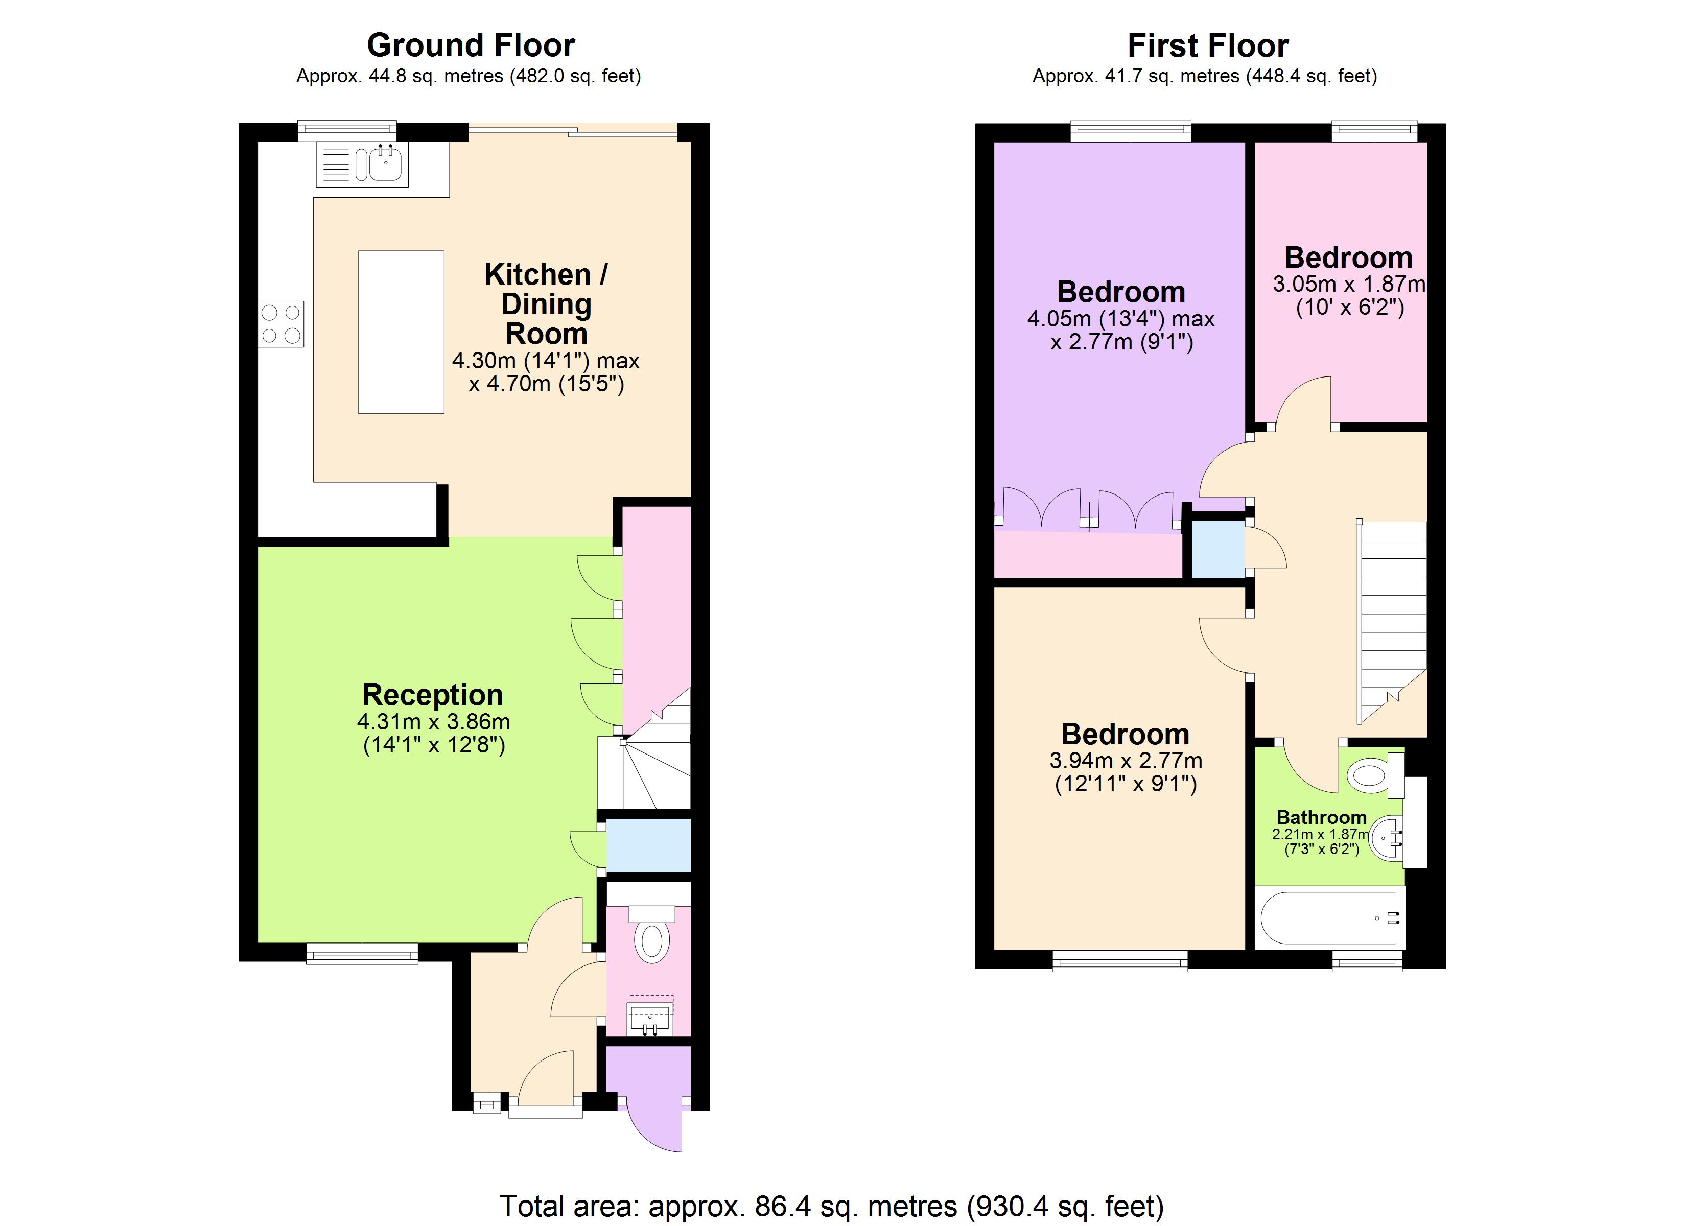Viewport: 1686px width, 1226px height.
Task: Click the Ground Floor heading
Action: click(x=471, y=45)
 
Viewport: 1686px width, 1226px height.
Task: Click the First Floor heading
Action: click(x=1207, y=46)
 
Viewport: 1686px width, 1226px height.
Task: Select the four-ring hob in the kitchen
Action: click(x=281, y=324)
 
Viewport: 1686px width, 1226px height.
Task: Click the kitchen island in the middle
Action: click(x=401, y=332)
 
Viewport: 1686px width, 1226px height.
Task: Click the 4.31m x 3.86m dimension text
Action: click(x=433, y=721)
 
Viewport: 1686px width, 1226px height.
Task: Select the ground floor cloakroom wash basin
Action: click(x=650, y=1017)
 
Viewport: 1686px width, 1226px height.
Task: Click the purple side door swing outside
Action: click(x=654, y=1123)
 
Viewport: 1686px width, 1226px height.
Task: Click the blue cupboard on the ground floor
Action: click(x=648, y=844)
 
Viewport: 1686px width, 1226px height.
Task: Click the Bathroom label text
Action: click(x=1321, y=817)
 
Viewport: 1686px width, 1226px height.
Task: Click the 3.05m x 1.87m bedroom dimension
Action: click(x=1348, y=284)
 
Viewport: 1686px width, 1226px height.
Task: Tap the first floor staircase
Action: click(x=1392, y=617)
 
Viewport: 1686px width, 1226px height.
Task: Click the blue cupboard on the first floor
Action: click(x=1217, y=549)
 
